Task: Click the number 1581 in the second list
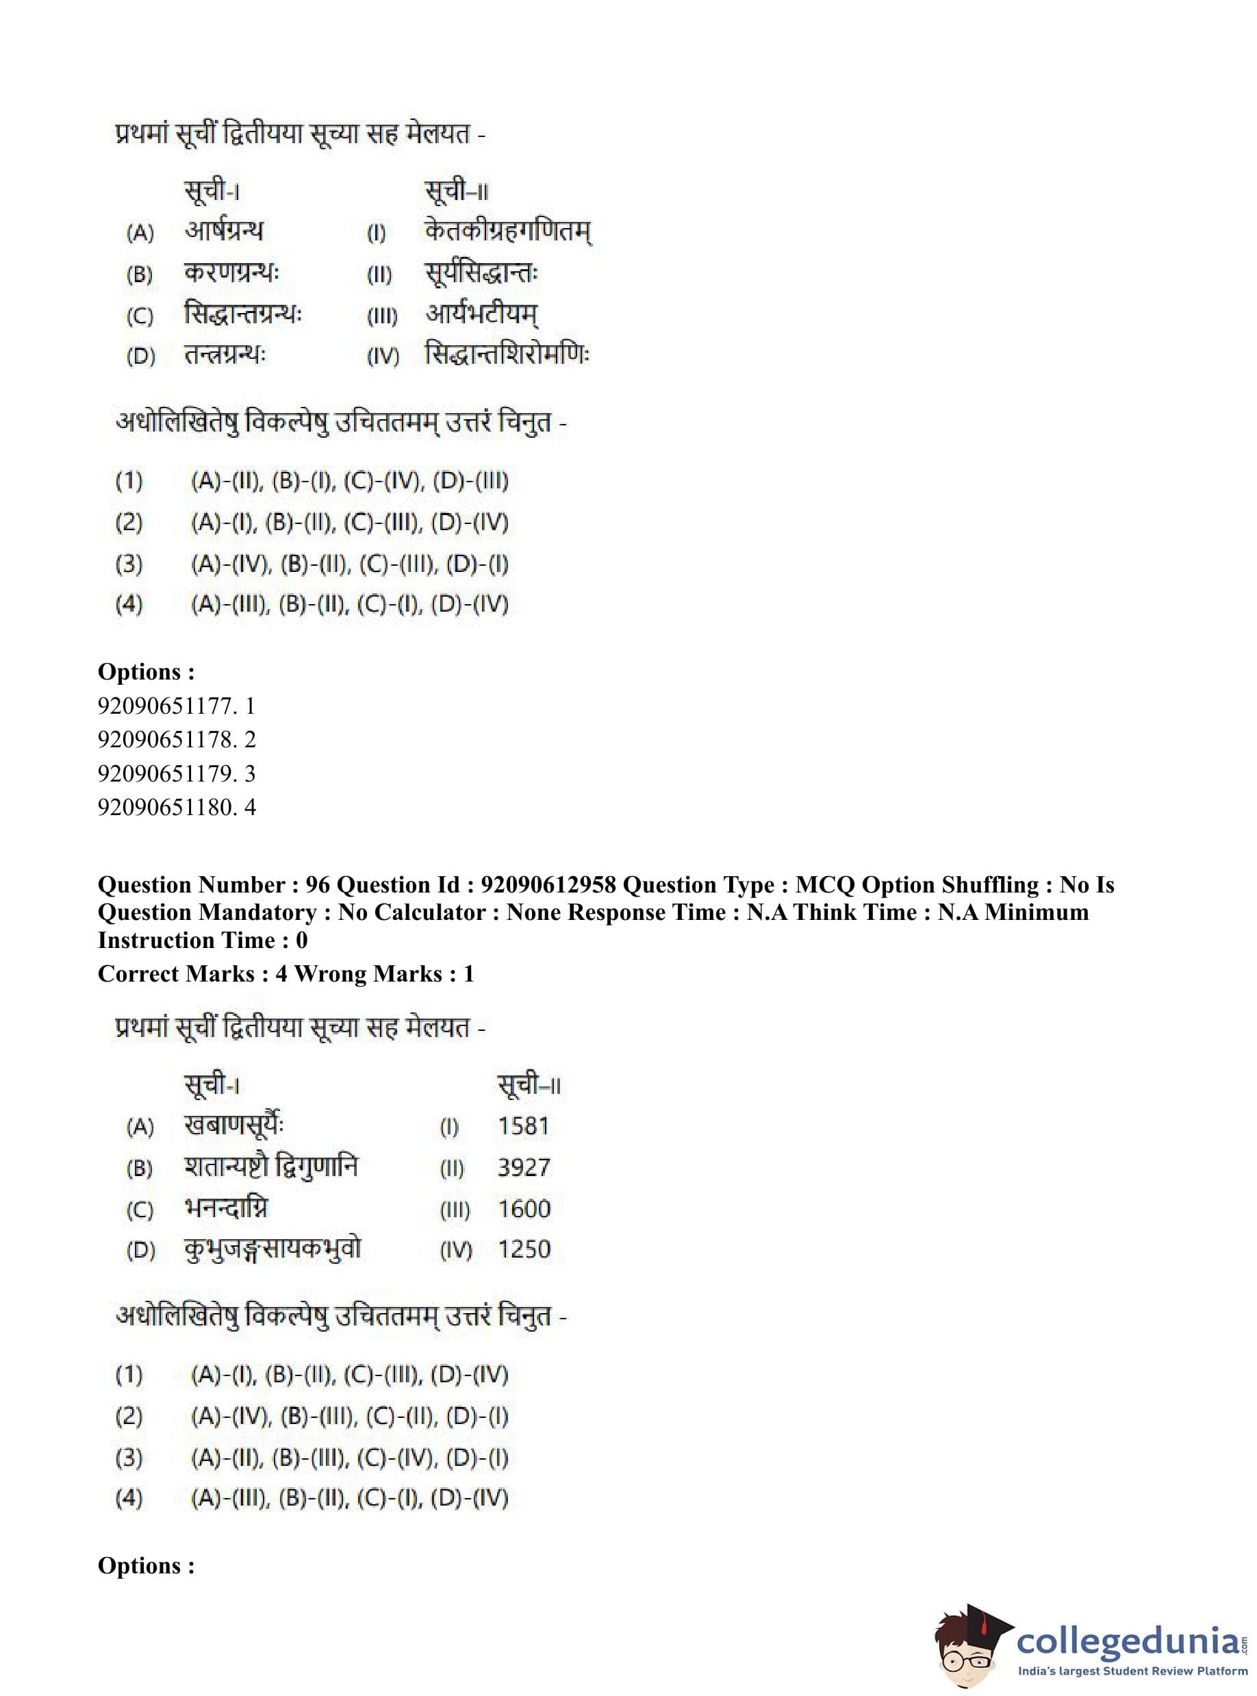pos(523,1126)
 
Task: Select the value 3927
pos(524,1167)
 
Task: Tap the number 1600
pos(524,1208)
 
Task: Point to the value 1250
pos(524,1249)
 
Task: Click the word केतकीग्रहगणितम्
pos(507,232)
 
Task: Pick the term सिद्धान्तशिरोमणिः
pos(507,355)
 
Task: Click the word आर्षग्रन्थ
pos(224,231)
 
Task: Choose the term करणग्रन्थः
pos(231,273)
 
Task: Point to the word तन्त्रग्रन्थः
pos(225,355)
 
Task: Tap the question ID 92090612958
pos(548,884)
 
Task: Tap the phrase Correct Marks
pos(176,973)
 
